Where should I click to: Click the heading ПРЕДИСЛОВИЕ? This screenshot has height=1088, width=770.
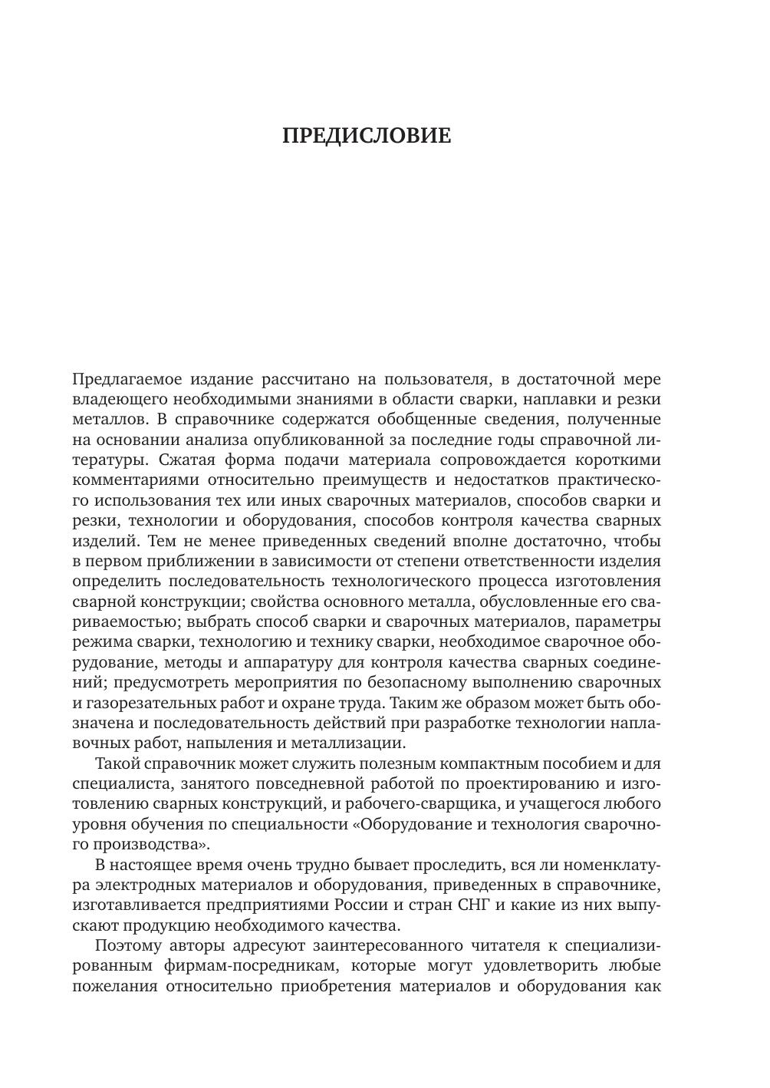(367, 136)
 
